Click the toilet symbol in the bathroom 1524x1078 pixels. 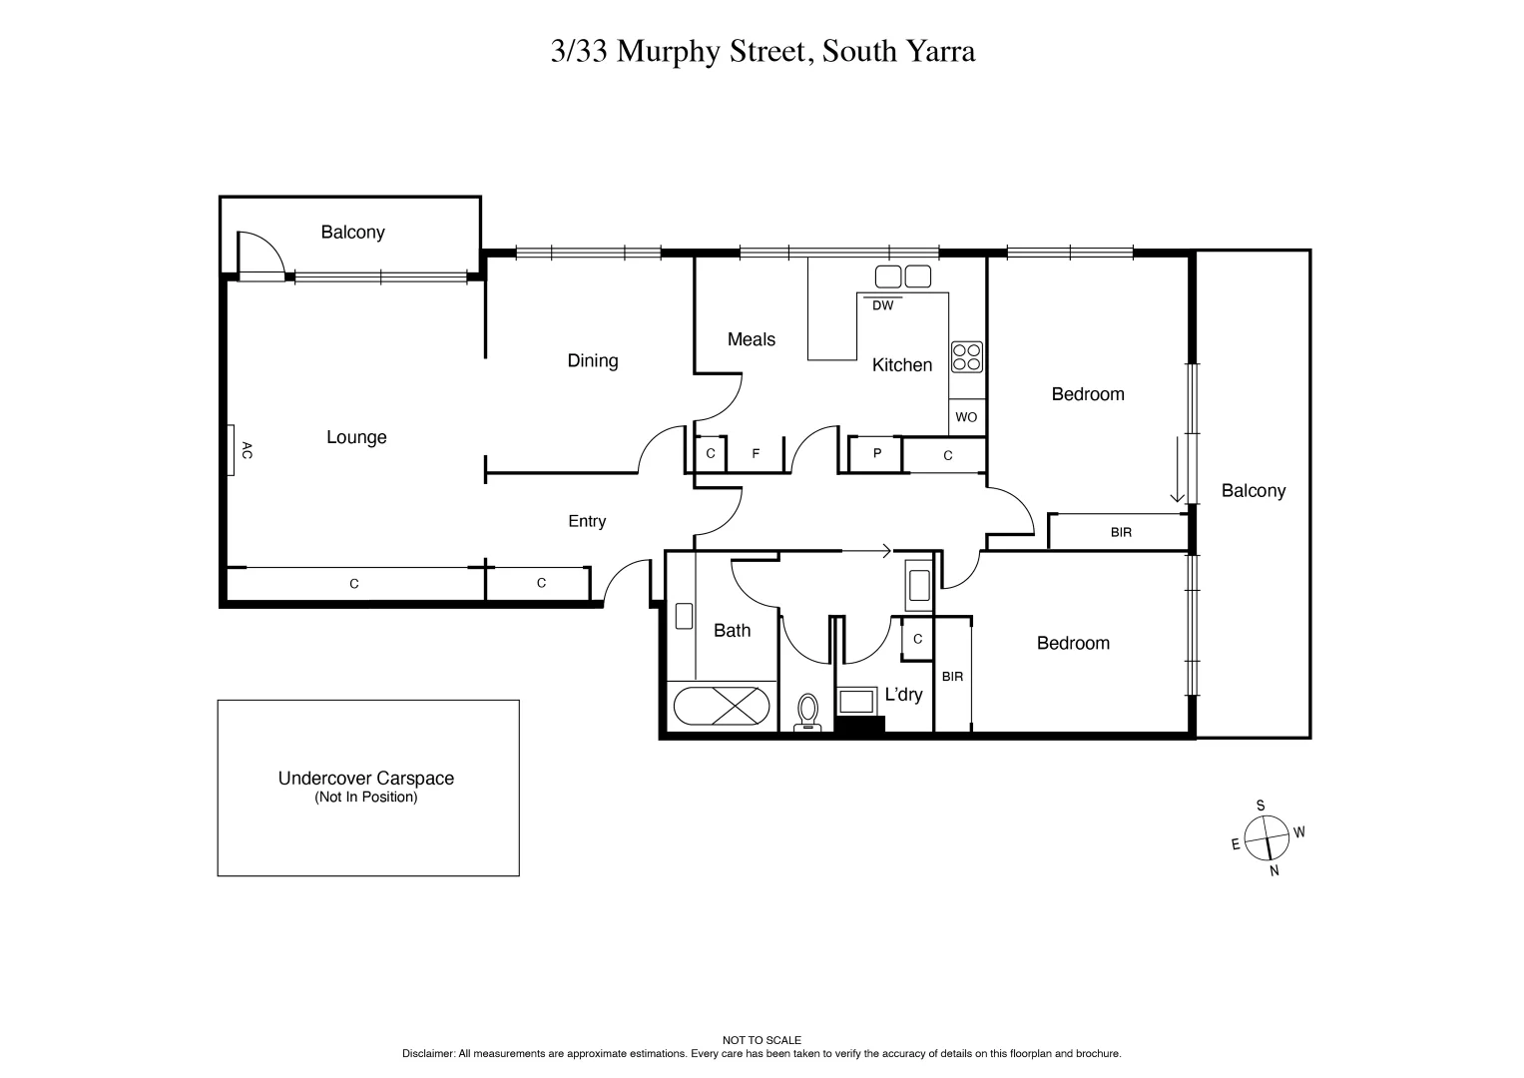tap(807, 713)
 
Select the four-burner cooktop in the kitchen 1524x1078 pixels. tap(966, 356)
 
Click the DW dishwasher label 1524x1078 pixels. tap(882, 305)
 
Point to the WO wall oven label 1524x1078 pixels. tap(966, 417)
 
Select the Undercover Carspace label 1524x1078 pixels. tap(366, 779)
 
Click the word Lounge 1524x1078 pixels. tap(356, 437)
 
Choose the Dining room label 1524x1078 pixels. tap(593, 360)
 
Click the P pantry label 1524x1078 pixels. tap(877, 453)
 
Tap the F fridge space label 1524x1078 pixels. tap(756, 454)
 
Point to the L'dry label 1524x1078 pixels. tap(903, 695)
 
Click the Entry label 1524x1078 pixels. tap(587, 521)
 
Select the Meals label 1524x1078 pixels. tap(751, 339)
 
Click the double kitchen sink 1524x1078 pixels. tap(903, 276)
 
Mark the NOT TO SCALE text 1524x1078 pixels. tap(762, 1040)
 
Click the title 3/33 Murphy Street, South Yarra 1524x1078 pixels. tap(762, 52)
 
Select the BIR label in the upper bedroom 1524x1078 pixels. tap(1121, 532)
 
